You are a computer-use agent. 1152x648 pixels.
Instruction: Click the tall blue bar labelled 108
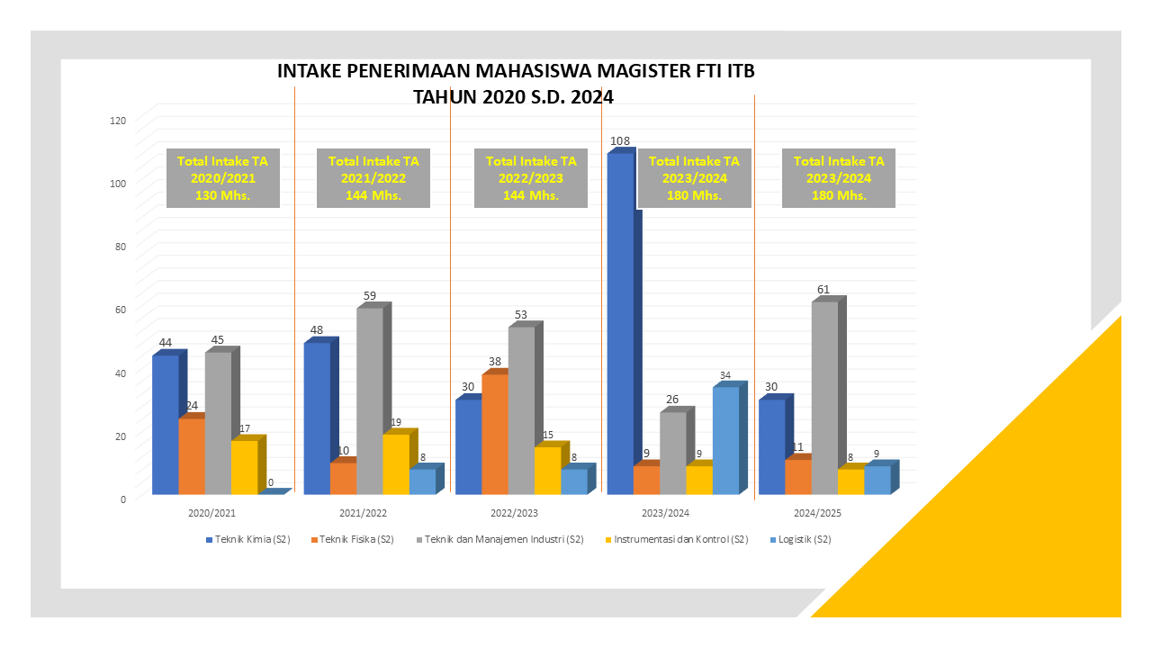(619, 324)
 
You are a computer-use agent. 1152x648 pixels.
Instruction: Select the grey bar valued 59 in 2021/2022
(370, 400)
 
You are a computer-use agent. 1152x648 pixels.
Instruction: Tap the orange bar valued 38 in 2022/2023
(495, 434)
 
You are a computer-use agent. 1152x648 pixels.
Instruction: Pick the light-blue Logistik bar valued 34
(725, 440)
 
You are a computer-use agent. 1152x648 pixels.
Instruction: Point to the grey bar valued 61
(824, 397)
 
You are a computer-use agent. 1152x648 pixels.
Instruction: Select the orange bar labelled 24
(192, 455)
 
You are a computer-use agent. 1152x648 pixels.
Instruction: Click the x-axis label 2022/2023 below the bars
(514, 513)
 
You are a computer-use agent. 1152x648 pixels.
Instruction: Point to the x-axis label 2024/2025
(817, 513)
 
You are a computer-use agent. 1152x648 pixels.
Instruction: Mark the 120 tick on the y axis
(118, 120)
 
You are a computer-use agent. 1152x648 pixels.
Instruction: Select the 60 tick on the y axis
(121, 309)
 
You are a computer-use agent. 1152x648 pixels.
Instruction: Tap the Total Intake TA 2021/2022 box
(373, 178)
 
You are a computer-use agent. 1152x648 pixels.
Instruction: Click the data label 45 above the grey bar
(217, 340)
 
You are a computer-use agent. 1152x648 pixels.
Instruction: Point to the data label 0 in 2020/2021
(271, 482)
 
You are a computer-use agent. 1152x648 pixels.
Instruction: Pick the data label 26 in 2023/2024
(671, 400)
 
